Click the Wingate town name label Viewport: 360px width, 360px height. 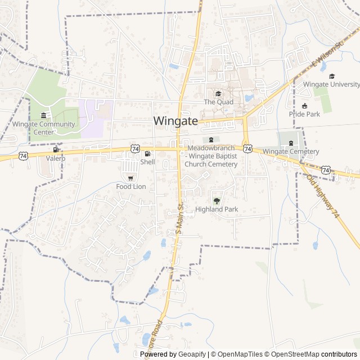(175, 120)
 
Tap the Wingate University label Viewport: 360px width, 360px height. (331, 84)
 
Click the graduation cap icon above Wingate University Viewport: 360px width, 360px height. (332, 76)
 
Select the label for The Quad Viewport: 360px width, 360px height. (218, 102)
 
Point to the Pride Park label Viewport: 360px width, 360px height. (304, 114)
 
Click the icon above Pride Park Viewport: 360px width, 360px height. (305, 105)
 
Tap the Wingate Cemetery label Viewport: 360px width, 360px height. (291, 151)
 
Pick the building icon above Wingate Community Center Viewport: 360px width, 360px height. (43, 116)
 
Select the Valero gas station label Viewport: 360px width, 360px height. (56, 159)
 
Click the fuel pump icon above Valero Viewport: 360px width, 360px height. (56, 150)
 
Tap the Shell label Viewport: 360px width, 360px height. (147, 162)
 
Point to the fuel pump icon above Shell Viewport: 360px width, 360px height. (147, 154)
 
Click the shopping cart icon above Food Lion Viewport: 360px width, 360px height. (130, 178)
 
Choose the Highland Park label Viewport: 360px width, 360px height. (217, 209)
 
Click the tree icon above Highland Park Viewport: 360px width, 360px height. (217, 200)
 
